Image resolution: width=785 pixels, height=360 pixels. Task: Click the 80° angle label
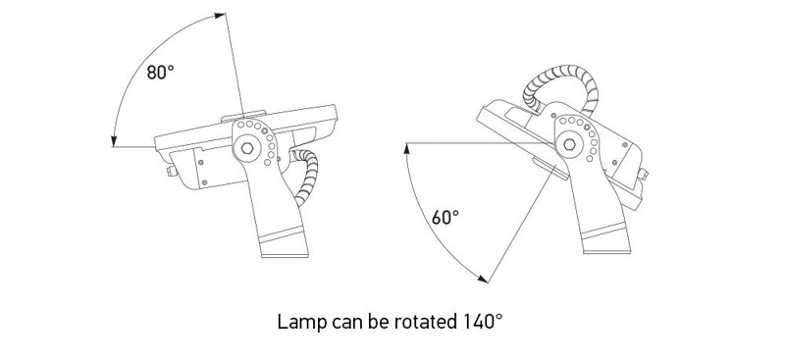161,73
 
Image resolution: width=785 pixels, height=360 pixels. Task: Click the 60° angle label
445,217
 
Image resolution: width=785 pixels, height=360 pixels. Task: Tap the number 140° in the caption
481,321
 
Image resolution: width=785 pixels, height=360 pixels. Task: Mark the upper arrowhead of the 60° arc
405,148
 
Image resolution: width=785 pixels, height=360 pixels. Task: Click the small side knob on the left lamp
171,174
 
